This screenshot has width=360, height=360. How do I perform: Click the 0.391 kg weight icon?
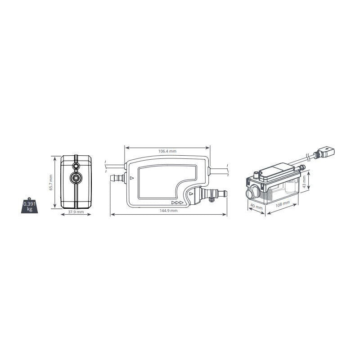pyautogui.click(x=29, y=206)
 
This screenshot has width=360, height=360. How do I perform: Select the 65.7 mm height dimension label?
pyautogui.click(x=51, y=183)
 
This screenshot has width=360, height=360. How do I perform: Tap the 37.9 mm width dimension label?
pyautogui.click(x=76, y=211)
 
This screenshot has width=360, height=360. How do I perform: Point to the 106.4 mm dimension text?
pyautogui.click(x=167, y=151)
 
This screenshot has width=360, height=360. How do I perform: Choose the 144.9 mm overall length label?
pyautogui.click(x=168, y=210)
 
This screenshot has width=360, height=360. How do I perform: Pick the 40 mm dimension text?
pyautogui.click(x=256, y=207)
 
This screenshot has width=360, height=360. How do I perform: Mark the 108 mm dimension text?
pyautogui.click(x=283, y=204)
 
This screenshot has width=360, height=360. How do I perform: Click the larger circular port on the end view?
pyautogui.click(x=76, y=178)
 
